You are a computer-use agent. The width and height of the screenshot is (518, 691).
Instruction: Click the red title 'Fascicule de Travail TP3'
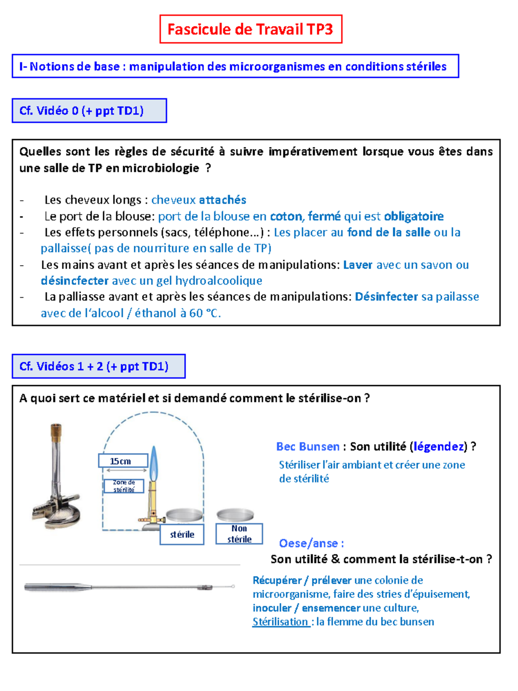(250, 29)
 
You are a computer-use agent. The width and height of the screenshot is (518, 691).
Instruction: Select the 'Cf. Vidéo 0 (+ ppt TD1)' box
(89, 111)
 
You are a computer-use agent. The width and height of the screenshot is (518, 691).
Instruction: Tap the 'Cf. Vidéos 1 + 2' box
(98, 366)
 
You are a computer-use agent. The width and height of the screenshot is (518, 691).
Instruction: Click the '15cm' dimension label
(123, 461)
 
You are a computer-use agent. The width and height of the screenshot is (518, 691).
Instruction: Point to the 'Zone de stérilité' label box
(124, 486)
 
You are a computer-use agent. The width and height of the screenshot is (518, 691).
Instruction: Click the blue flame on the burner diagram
(154, 465)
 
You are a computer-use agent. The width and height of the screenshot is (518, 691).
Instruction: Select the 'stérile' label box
(182, 535)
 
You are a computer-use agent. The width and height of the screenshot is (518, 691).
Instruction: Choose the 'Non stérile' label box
(239, 534)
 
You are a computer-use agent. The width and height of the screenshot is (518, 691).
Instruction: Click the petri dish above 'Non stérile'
(235, 514)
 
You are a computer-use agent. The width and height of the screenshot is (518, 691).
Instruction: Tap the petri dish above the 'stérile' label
(184, 514)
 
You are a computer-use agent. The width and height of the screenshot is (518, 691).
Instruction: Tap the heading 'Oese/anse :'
(311, 543)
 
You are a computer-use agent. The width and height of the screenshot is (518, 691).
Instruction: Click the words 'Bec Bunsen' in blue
(308, 447)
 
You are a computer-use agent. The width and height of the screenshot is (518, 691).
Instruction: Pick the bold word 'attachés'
(222, 200)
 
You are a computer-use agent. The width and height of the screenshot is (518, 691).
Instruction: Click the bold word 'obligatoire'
(414, 216)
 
